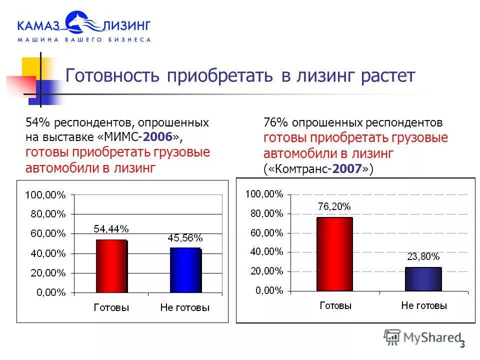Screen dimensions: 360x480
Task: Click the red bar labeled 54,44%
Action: [111, 266]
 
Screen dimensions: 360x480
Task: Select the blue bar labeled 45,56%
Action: [185, 270]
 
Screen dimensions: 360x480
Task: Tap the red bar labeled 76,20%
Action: [334, 254]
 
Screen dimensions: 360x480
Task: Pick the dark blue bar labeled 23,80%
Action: [423, 279]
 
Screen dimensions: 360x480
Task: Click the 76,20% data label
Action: [334, 206]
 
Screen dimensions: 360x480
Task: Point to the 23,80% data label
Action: [423, 257]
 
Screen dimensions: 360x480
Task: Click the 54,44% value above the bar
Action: [111, 229]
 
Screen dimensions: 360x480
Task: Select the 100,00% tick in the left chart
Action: [45, 195]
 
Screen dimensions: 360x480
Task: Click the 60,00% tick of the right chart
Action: [266, 232]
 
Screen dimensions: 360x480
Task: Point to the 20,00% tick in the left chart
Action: [47, 273]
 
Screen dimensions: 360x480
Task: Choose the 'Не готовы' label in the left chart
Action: [185, 308]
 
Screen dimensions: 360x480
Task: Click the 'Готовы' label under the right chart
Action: [335, 305]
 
